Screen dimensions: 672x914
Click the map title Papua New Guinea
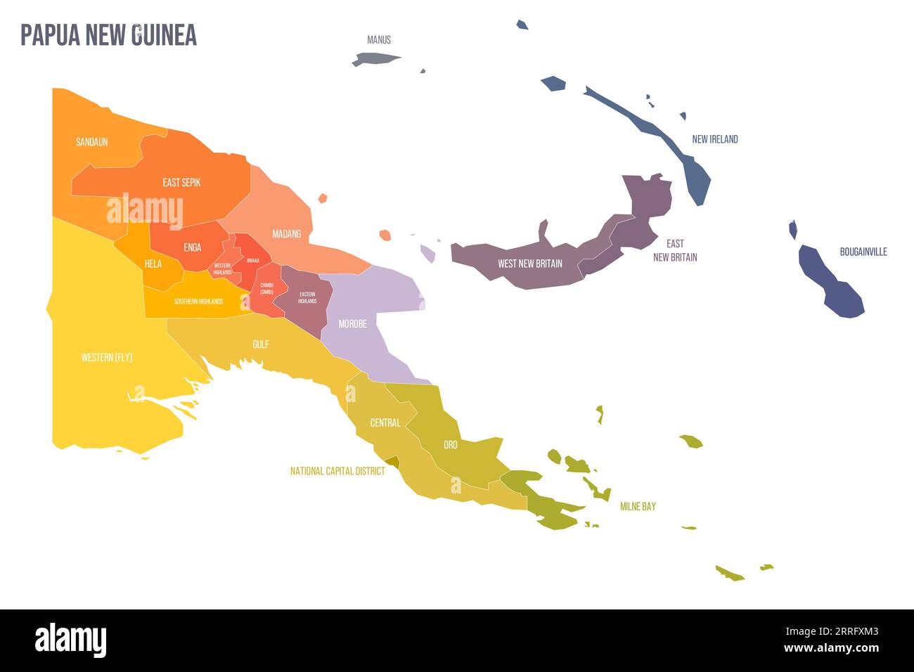point(108,35)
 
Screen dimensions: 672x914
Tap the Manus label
point(379,40)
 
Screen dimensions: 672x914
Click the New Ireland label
point(714,139)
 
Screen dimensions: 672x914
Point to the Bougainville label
point(863,252)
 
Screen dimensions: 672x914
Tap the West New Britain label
point(529,264)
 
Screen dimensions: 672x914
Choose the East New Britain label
point(675,250)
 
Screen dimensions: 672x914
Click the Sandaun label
point(92,142)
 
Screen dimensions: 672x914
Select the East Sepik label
point(181,183)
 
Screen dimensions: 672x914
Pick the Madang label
point(286,234)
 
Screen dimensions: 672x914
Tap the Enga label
point(192,247)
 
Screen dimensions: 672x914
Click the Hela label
point(153,264)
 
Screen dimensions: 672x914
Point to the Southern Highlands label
point(198,302)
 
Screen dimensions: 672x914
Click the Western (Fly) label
point(107,358)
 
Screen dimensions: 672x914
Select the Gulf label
point(260,344)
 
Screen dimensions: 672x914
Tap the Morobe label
point(352,324)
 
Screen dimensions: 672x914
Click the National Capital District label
point(337,471)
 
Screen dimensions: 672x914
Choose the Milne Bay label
point(638,506)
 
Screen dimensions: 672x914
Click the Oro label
point(450,445)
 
